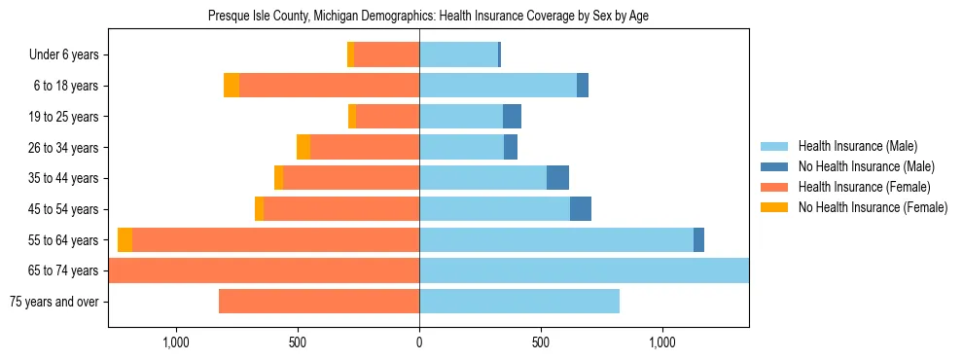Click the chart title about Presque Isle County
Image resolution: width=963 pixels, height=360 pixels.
pos(428,17)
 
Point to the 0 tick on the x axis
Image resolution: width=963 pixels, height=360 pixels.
pos(419,342)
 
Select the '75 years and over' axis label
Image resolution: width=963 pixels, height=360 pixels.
pos(54,302)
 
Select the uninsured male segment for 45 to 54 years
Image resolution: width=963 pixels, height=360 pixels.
pos(581,209)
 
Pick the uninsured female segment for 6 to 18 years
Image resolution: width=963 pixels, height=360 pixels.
pos(232,86)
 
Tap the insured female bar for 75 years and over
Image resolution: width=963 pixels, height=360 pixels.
pos(319,302)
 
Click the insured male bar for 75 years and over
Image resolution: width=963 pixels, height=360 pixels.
pos(519,302)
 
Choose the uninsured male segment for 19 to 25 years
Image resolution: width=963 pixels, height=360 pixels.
pos(512,117)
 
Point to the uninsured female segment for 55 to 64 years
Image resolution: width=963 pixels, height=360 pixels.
pos(125,240)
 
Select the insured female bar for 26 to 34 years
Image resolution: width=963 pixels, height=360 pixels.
pos(365,148)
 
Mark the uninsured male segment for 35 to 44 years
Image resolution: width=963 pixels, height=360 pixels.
pos(557,178)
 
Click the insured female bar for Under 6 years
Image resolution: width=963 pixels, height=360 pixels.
pos(387,55)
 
